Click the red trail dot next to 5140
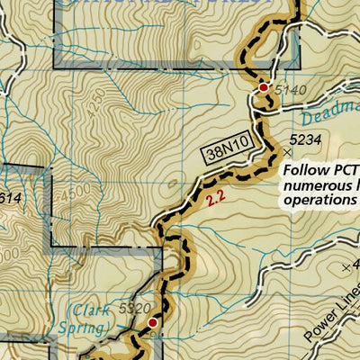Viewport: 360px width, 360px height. click(x=263, y=87)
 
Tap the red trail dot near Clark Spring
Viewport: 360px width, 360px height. click(x=153, y=321)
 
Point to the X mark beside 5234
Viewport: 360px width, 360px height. click(x=289, y=139)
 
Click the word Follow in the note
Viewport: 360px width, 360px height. click(x=303, y=169)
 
